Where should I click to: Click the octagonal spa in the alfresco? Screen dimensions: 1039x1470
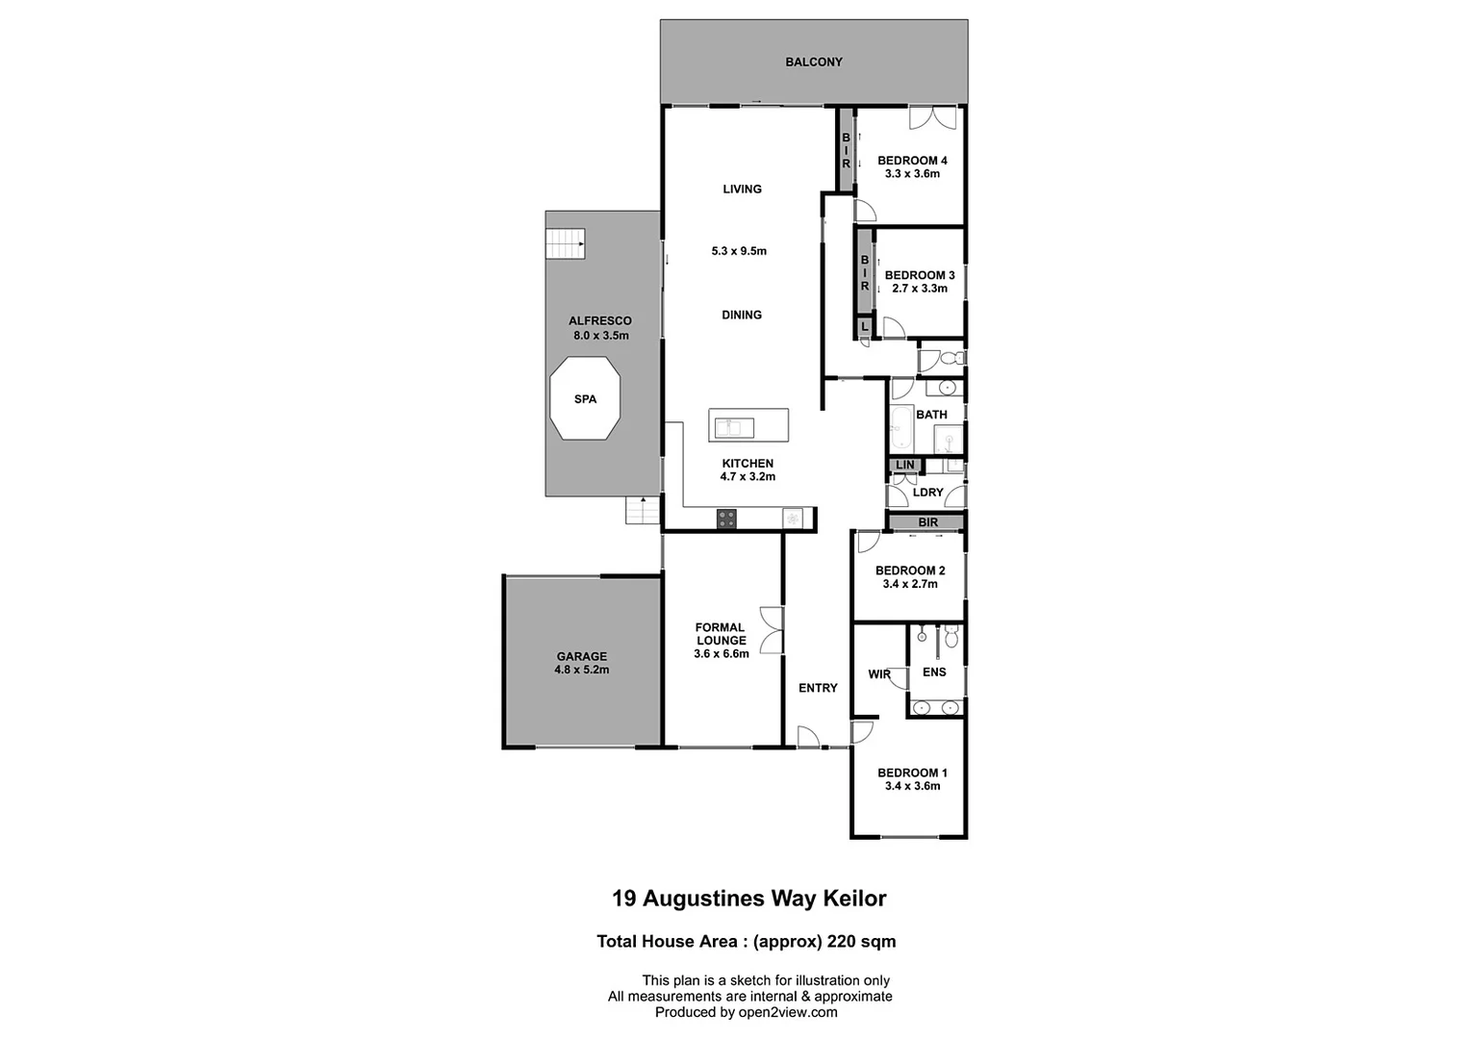tap(585, 398)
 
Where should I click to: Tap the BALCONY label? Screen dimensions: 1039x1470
tap(814, 63)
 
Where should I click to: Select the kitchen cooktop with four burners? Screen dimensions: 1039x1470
tap(727, 519)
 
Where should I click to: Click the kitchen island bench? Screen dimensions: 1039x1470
tap(748, 424)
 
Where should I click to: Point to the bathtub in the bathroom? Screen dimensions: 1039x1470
tap(901, 428)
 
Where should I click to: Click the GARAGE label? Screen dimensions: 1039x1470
tap(581, 657)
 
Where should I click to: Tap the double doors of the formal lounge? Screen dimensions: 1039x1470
tap(772, 630)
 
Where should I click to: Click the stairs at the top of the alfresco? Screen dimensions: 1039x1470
tap(566, 243)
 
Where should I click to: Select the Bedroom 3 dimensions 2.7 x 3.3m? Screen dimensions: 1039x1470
tap(920, 289)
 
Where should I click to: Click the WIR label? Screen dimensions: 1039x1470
tap(879, 674)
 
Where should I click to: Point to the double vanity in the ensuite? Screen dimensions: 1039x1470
tap(936, 708)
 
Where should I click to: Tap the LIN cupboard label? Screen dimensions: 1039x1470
tap(905, 466)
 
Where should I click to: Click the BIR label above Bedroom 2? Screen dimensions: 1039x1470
tap(927, 522)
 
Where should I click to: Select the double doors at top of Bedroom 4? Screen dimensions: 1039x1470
tap(932, 117)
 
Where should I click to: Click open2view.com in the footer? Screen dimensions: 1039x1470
tap(788, 1012)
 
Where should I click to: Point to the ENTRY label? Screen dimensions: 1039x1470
tap(818, 688)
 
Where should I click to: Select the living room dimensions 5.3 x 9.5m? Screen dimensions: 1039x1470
tap(739, 251)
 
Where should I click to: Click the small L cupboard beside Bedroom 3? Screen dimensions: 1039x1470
tap(865, 327)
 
